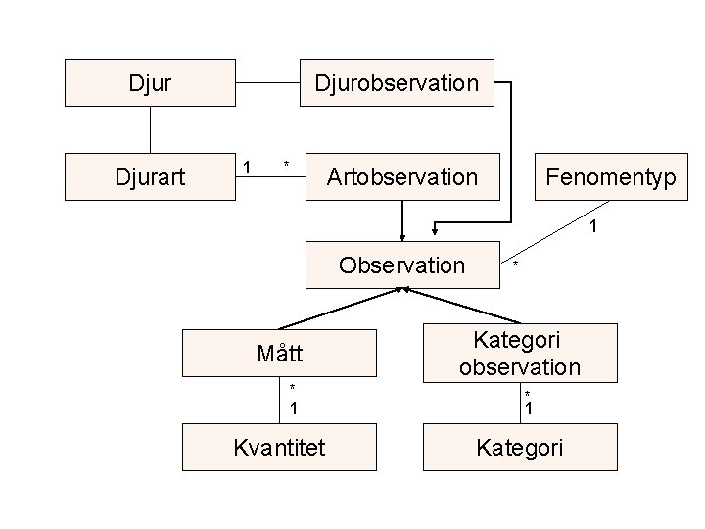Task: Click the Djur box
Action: [150, 82]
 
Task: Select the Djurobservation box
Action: [397, 82]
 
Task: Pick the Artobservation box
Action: [402, 176]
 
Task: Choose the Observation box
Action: [401, 264]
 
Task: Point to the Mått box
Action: [279, 353]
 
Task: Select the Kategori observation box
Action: [520, 353]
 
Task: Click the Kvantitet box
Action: [279, 448]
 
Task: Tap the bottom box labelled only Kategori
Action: [520, 448]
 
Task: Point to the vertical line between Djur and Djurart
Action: [150, 128]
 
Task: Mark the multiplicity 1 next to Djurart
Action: [248, 167]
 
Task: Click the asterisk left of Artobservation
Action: [286, 163]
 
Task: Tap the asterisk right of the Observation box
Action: [516, 265]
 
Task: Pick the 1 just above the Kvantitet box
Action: [293, 407]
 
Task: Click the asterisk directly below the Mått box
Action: [292, 388]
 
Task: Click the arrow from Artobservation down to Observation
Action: [402, 220]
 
